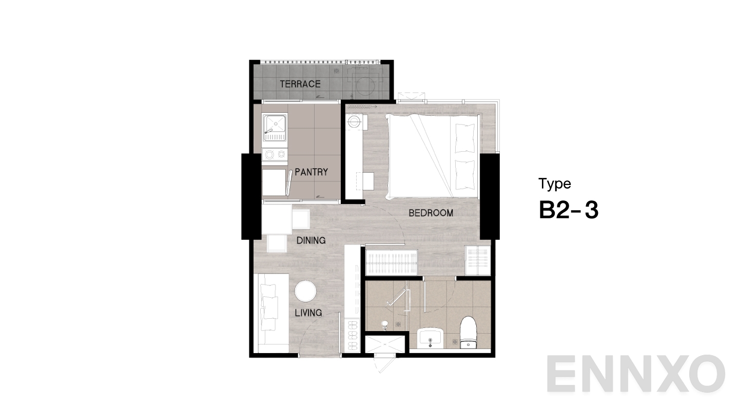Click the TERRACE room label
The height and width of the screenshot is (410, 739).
300,84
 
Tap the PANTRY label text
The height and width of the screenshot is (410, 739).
311,172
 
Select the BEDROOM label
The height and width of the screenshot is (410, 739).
431,213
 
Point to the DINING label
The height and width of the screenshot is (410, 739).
311,240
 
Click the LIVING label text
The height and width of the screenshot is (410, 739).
309,313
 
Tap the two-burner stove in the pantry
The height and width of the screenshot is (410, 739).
275,154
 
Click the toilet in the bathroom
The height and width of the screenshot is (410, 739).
468,333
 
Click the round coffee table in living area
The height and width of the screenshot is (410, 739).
305,292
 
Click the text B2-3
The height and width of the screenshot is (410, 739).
569,211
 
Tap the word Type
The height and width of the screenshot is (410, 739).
554,183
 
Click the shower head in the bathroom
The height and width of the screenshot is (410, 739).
386,323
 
